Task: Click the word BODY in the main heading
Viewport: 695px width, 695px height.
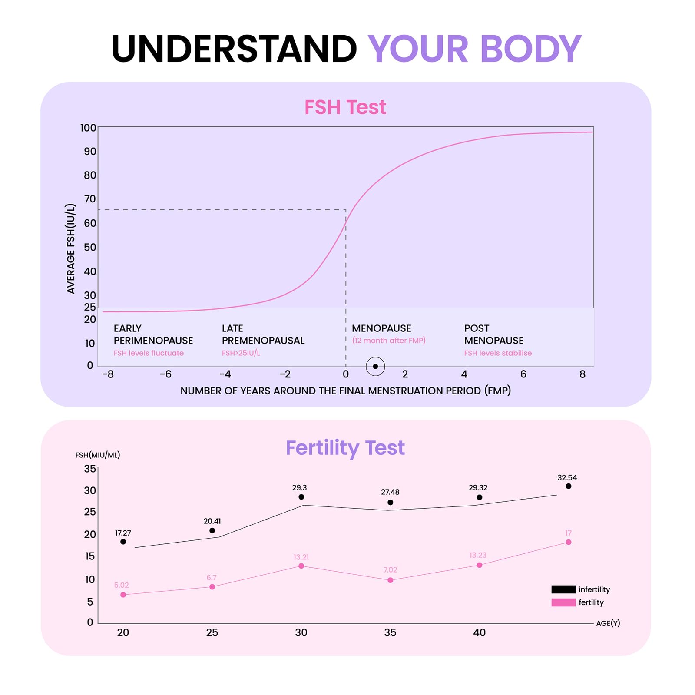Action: (x=530, y=49)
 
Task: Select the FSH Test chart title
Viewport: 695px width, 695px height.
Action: (x=345, y=107)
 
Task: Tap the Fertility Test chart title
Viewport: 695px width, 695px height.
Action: (x=345, y=448)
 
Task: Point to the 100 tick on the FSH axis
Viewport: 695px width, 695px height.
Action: (x=88, y=128)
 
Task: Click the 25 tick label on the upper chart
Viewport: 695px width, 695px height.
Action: (x=90, y=307)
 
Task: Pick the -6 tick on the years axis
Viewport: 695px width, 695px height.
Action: (x=165, y=374)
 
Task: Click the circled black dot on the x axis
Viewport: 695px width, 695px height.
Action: (x=375, y=366)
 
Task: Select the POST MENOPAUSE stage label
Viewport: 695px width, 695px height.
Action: (x=493, y=334)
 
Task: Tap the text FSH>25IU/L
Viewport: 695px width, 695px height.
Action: (x=241, y=353)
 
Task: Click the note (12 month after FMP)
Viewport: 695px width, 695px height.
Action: (x=389, y=341)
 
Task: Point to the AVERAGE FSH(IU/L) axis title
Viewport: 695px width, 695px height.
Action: (x=71, y=248)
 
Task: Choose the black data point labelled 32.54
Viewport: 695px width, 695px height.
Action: (x=568, y=486)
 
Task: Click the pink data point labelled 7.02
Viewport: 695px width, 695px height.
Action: (x=390, y=580)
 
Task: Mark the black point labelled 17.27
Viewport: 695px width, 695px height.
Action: (x=123, y=542)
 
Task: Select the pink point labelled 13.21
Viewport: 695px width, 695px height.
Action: (x=301, y=566)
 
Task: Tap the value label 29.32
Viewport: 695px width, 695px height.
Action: (x=478, y=488)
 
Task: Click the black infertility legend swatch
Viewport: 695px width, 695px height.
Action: (x=563, y=589)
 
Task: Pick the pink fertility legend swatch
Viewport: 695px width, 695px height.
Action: (x=563, y=602)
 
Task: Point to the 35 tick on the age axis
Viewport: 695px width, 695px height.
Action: (x=390, y=632)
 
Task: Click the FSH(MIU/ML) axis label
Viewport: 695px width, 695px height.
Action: (x=98, y=455)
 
